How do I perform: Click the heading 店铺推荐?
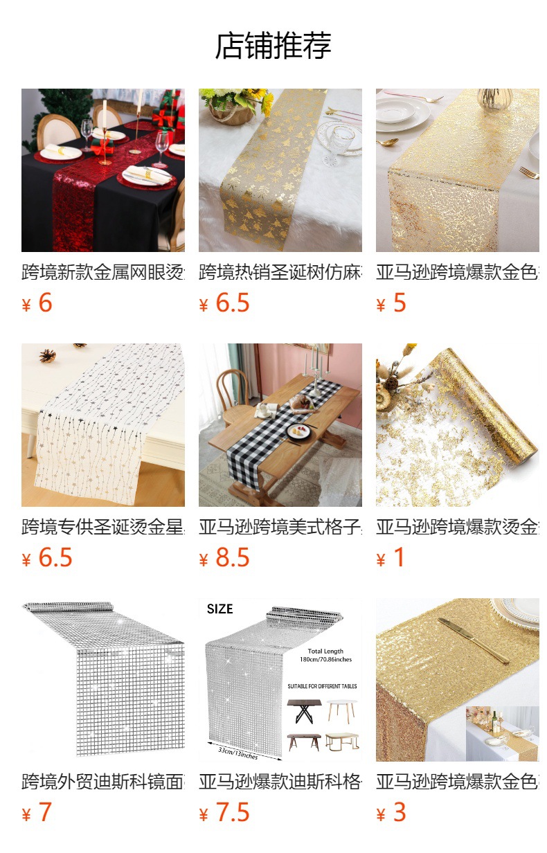pyautogui.click(x=273, y=46)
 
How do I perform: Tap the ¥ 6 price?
pyautogui.click(x=37, y=303)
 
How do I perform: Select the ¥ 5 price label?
pyautogui.click(x=391, y=303)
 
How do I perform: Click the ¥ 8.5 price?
pyautogui.click(x=224, y=558)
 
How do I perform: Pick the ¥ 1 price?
pyautogui.click(x=391, y=558)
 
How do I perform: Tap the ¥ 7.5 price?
pyautogui.click(x=224, y=813)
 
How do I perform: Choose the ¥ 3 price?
pyautogui.click(x=391, y=813)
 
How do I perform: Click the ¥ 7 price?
pyautogui.click(x=37, y=813)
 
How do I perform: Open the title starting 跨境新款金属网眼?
pyautogui.click(x=102, y=273)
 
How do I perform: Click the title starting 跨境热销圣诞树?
pyautogui.click(x=280, y=273)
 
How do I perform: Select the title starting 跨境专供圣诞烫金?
pyautogui.click(x=102, y=528)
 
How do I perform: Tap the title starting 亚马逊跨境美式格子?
pyautogui.click(x=280, y=528)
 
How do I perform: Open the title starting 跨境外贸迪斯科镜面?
pyautogui.click(x=102, y=782)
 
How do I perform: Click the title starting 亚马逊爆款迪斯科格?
pyautogui.click(x=280, y=782)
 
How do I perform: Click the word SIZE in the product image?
pyautogui.click(x=219, y=609)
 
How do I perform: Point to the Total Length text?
pyautogui.click(x=325, y=651)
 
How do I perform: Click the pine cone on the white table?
pyautogui.click(x=47, y=355)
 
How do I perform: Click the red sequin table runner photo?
pyautogui.click(x=102, y=170)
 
